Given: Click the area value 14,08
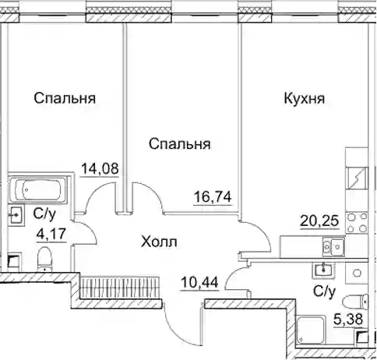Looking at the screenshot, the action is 100,168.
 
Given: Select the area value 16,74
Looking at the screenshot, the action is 213,197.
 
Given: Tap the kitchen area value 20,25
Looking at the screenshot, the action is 319,221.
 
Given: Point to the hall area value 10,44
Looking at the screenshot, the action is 199,282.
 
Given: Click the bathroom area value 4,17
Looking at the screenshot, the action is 51,235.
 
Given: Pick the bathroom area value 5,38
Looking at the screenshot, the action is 348,319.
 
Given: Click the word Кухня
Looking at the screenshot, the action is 305,99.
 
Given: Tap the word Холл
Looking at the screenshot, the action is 159,242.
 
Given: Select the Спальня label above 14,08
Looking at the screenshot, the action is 65,98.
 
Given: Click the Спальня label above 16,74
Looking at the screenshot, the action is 180,144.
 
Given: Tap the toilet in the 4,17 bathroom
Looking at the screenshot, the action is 44,259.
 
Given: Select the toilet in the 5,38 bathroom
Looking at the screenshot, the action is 355,302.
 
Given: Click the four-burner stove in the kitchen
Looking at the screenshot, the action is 357,222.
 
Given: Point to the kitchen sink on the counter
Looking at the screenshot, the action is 333,247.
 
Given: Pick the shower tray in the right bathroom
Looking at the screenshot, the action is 311,330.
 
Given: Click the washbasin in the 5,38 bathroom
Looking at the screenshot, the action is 323,269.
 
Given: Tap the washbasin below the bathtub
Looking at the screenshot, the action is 16,214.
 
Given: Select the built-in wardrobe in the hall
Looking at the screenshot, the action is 120,287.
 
